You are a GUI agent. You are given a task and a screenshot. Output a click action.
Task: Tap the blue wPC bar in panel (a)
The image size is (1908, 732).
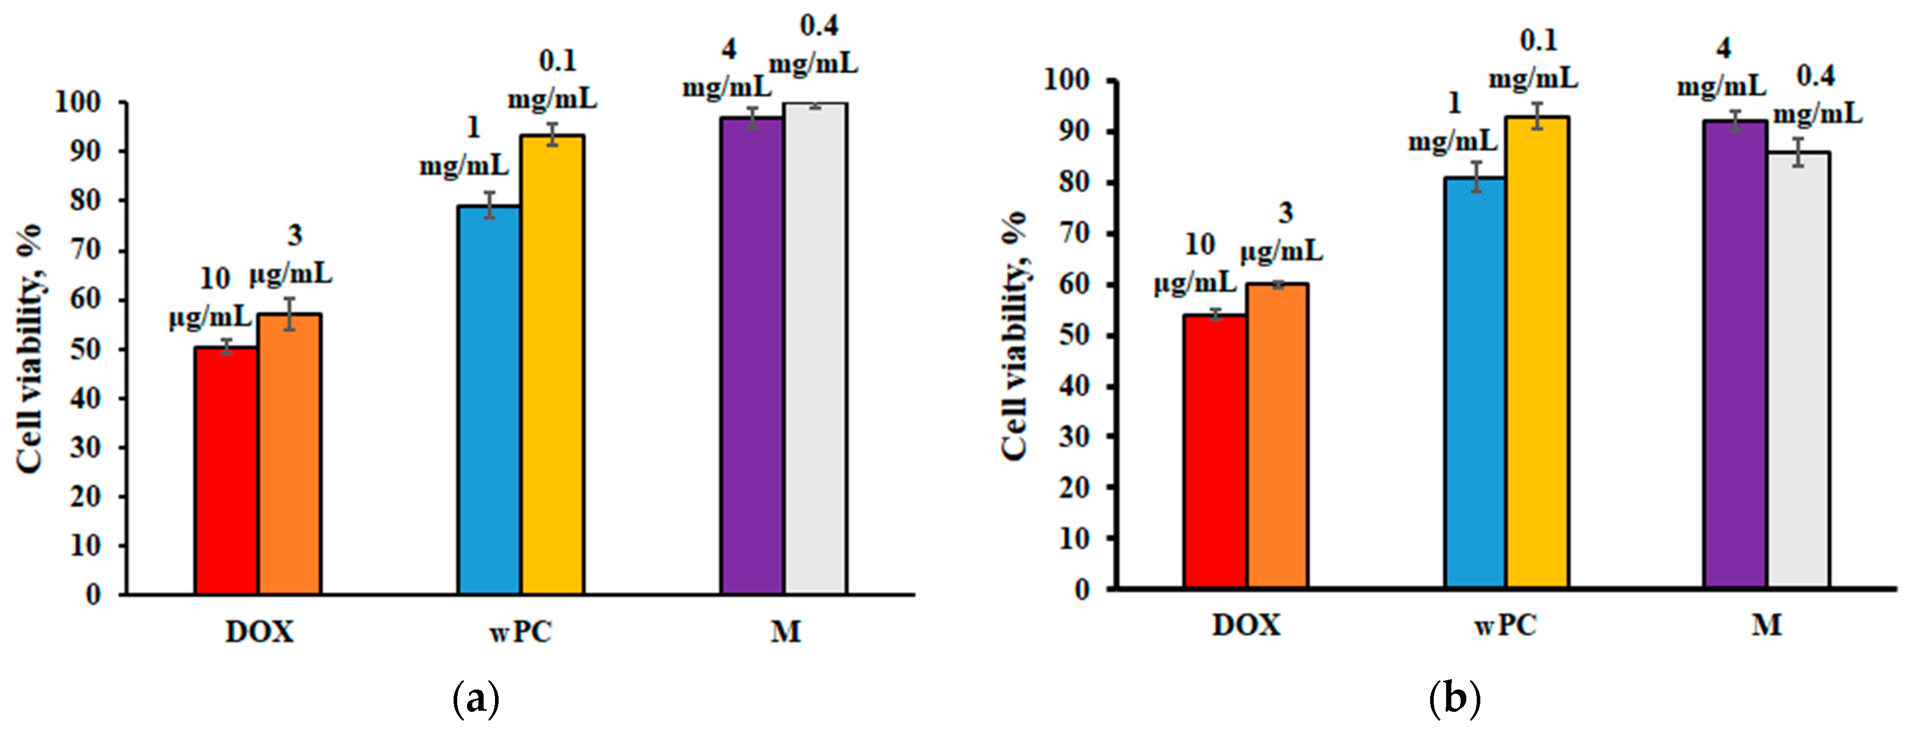[489, 400]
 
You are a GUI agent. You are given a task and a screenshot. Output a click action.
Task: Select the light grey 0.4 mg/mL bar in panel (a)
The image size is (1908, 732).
[815, 348]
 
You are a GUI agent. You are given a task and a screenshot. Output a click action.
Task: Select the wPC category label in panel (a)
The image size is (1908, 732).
[521, 632]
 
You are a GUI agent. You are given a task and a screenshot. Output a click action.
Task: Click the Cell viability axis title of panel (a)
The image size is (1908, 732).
[30, 348]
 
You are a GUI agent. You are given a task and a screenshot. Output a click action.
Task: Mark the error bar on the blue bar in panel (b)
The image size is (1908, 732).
[1476, 177]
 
